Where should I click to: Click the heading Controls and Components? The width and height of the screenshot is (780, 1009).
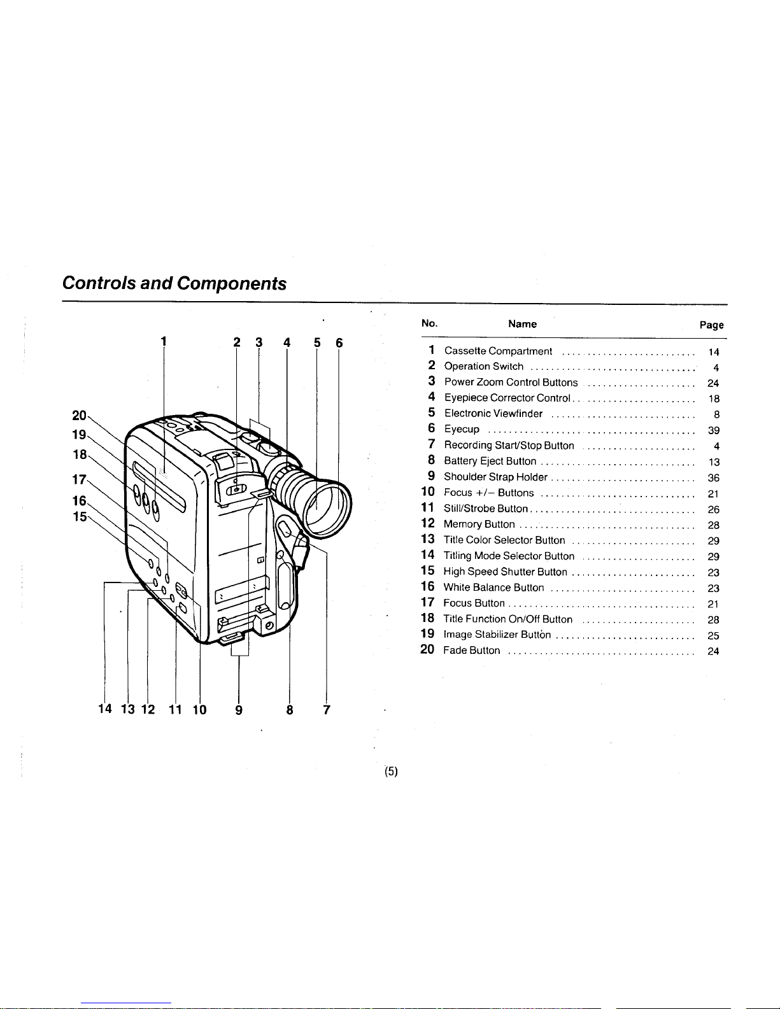coord(174,283)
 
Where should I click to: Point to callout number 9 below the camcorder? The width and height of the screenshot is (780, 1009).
coord(239,710)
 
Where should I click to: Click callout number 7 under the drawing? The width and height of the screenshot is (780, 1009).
coord(326,710)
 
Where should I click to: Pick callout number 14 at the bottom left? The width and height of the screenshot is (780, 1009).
coord(105,710)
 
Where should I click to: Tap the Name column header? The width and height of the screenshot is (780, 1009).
coord(522,324)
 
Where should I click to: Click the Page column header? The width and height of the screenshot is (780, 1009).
coord(711,325)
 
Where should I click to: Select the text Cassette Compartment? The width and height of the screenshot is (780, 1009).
coord(498,351)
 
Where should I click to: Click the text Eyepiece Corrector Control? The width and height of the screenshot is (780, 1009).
coord(507,398)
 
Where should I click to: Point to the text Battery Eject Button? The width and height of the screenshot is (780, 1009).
coord(490,461)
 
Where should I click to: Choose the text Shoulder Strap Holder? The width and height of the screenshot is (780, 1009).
coord(495,477)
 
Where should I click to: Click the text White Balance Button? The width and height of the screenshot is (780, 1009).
coord(493,588)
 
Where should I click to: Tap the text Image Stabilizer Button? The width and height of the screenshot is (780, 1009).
coord(497,635)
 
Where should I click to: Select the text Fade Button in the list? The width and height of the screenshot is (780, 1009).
coord(471,651)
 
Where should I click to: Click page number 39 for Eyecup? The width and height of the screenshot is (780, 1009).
coord(713,430)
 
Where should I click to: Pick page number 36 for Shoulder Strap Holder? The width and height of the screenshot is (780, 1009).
coord(713,477)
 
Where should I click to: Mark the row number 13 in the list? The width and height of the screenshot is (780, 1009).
coord(427,540)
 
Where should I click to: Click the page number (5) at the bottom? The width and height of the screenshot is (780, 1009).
coord(391,772)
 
